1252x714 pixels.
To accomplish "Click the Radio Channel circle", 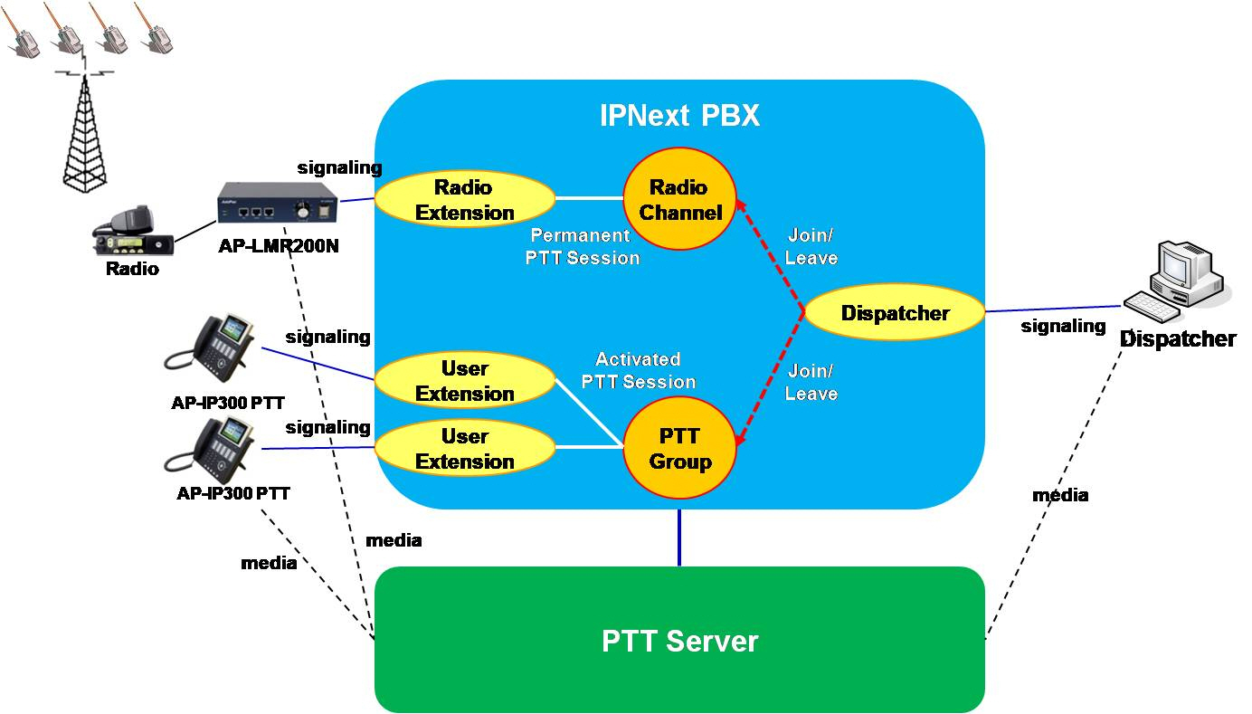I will point(678,200).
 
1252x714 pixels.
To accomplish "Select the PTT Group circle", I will point(679,449).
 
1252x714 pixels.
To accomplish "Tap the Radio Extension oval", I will point(464,200).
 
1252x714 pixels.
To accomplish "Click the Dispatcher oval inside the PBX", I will point(895,314).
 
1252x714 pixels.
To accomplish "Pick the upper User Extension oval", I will point(464,381).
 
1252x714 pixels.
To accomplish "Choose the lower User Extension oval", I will point(464,449).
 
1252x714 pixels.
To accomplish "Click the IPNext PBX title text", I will point(679,117).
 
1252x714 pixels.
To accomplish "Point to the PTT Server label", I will point(679,641).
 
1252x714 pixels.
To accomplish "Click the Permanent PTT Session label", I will point(583,246).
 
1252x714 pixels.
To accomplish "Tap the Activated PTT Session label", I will point(638,371).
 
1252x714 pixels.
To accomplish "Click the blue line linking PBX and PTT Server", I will point(679,538).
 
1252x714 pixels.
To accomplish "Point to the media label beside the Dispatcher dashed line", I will point(1060,495).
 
